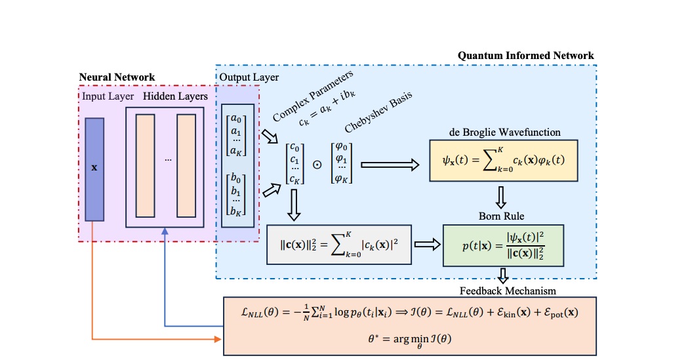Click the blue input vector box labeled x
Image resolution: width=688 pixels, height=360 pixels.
point(94,168)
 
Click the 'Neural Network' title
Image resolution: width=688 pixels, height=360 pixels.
point(117,77)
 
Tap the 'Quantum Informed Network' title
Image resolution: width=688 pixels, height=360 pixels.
point(525,56)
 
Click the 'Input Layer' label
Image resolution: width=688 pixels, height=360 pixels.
point(108,96)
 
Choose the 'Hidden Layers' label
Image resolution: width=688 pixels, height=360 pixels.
point(175,96)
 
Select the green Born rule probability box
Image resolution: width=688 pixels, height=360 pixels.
point(502,245)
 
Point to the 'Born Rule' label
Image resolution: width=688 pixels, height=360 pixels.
point(501,216)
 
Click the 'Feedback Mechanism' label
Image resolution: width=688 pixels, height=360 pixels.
point(502,290)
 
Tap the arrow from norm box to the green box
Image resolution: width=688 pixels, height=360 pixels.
point(428,245)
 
